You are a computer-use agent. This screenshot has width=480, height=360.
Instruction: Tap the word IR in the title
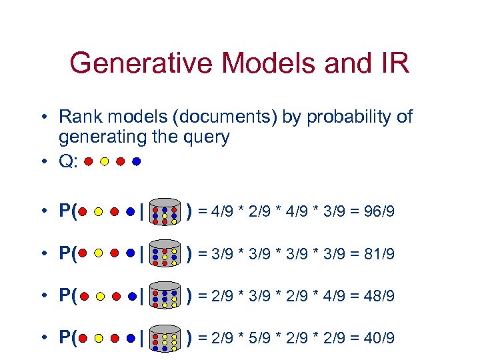(x=393, y=64)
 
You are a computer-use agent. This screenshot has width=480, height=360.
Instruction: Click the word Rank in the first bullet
(x=76, y=117)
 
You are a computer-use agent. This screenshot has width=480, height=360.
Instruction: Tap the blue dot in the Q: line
(x=137, y=161)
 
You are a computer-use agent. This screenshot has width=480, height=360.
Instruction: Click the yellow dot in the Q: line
(x=104, y=161)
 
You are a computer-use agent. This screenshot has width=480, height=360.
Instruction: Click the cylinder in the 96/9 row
(x=164, y=211)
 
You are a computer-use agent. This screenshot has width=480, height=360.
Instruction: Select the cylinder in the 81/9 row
(x=164, y=253)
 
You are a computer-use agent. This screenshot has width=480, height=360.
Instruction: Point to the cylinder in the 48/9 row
(x=164, y=295)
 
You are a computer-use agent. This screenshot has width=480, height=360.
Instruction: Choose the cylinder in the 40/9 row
(x=164, y=337)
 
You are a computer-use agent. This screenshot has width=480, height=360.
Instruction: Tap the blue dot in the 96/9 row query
(x=131, y=212)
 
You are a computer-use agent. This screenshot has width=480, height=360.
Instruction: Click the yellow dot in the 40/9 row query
(x=98, y=338)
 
